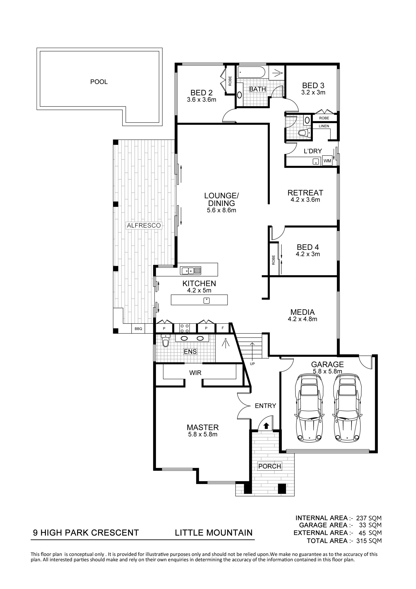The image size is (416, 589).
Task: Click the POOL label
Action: (x=99, y=82)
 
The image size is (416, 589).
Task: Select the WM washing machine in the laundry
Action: (x=327, y=161)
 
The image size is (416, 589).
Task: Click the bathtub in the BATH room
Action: (x=251, y=73)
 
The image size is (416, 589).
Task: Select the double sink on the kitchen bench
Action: (x=191, y=271)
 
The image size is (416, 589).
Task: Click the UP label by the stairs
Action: (x=253, y=364)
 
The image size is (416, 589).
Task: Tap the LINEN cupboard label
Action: (x=324, y=126)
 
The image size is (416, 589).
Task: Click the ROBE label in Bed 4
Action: (x=274, y=260)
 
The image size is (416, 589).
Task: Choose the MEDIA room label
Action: (x=302, y=312)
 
